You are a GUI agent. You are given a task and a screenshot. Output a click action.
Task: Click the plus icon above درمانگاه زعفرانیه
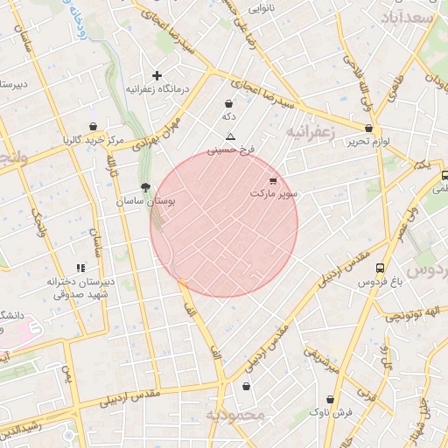[157, 76]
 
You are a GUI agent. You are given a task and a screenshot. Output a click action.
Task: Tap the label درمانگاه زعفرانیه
[157, 89]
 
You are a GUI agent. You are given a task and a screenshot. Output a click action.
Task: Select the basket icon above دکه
[228, 104]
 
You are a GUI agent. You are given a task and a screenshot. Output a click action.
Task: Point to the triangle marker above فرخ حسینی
[230, 136]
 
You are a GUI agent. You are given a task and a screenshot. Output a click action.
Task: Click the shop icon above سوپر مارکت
[274, 180]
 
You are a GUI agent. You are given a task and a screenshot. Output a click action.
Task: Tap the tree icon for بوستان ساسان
[145, 187]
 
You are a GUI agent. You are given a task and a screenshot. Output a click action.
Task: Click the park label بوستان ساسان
[145, 201]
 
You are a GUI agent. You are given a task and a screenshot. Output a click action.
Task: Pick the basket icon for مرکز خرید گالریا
[93, 127]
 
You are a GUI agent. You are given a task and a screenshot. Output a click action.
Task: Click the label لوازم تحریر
[366, 141]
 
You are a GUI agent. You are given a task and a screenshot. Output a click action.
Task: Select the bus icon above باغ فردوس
[380, 269]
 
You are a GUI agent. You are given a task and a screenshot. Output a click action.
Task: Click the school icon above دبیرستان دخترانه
[80, 269]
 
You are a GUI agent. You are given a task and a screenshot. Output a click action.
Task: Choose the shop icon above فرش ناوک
[330, 399]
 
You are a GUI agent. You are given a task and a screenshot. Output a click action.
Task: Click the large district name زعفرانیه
[310, 131]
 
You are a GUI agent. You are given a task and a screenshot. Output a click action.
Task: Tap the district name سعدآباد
[409, 17]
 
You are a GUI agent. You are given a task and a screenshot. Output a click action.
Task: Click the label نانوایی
[262, 9]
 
